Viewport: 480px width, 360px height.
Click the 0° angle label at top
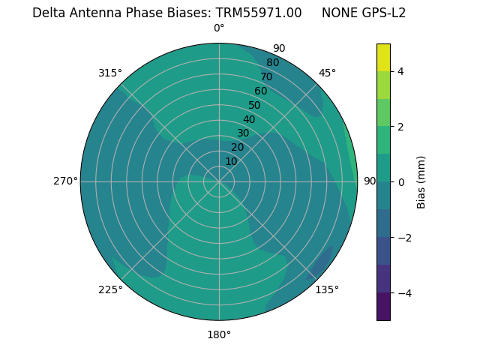pyautogui.click(x=219, y=28)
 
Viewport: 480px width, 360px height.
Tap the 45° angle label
pyautogui.click(x=327, y=73)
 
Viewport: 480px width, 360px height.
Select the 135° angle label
pyautogui.click(x=327, y=289)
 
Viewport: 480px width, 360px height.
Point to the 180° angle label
pyautogui.click(x=219, y=334)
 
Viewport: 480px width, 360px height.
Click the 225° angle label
pyautogui.click(x=110, y=289)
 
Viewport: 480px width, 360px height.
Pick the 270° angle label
pyautogui.click(x=65, y=181)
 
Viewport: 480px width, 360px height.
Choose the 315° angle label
pyautogui.click(x=110, y=73)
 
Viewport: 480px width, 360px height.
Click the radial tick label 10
pyautogui.click(x=231, y=161)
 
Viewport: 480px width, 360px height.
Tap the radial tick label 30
pyautogui.click(x=243, y=133)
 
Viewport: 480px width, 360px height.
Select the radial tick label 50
pyautogui.click(x=254, y=106)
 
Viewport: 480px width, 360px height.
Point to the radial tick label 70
pyautogui.click(x=266, y=77)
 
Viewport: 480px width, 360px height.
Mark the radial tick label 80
pyautogui.click(x=272, y=63)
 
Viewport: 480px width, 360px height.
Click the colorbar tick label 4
pyautogui.click(x=401, y=71)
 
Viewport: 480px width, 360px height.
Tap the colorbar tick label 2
pyautogui.click(x=401, y=127)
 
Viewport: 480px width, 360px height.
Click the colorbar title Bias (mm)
pyautogui.click(x=421, y=181)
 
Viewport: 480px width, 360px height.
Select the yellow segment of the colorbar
pyautogui.click(x=383, y=57)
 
